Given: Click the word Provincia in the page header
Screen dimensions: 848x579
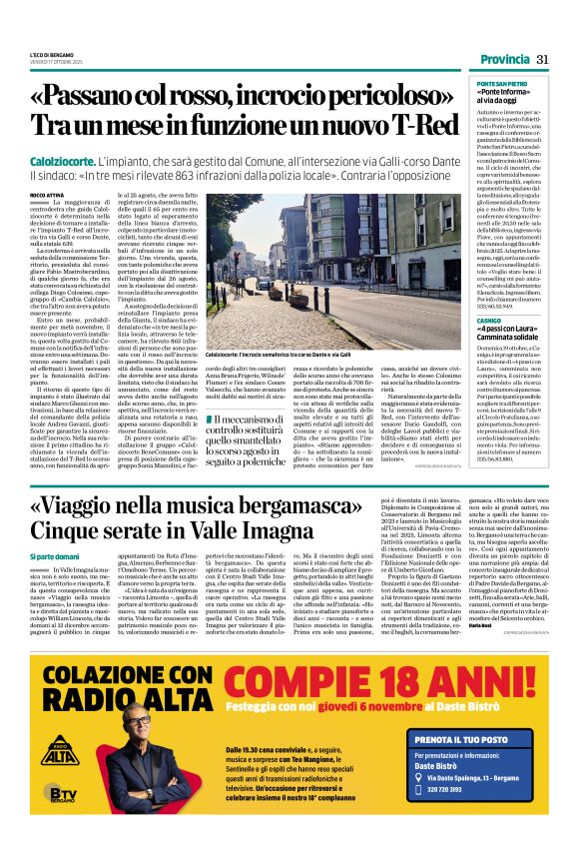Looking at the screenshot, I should (x=504, y=60).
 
